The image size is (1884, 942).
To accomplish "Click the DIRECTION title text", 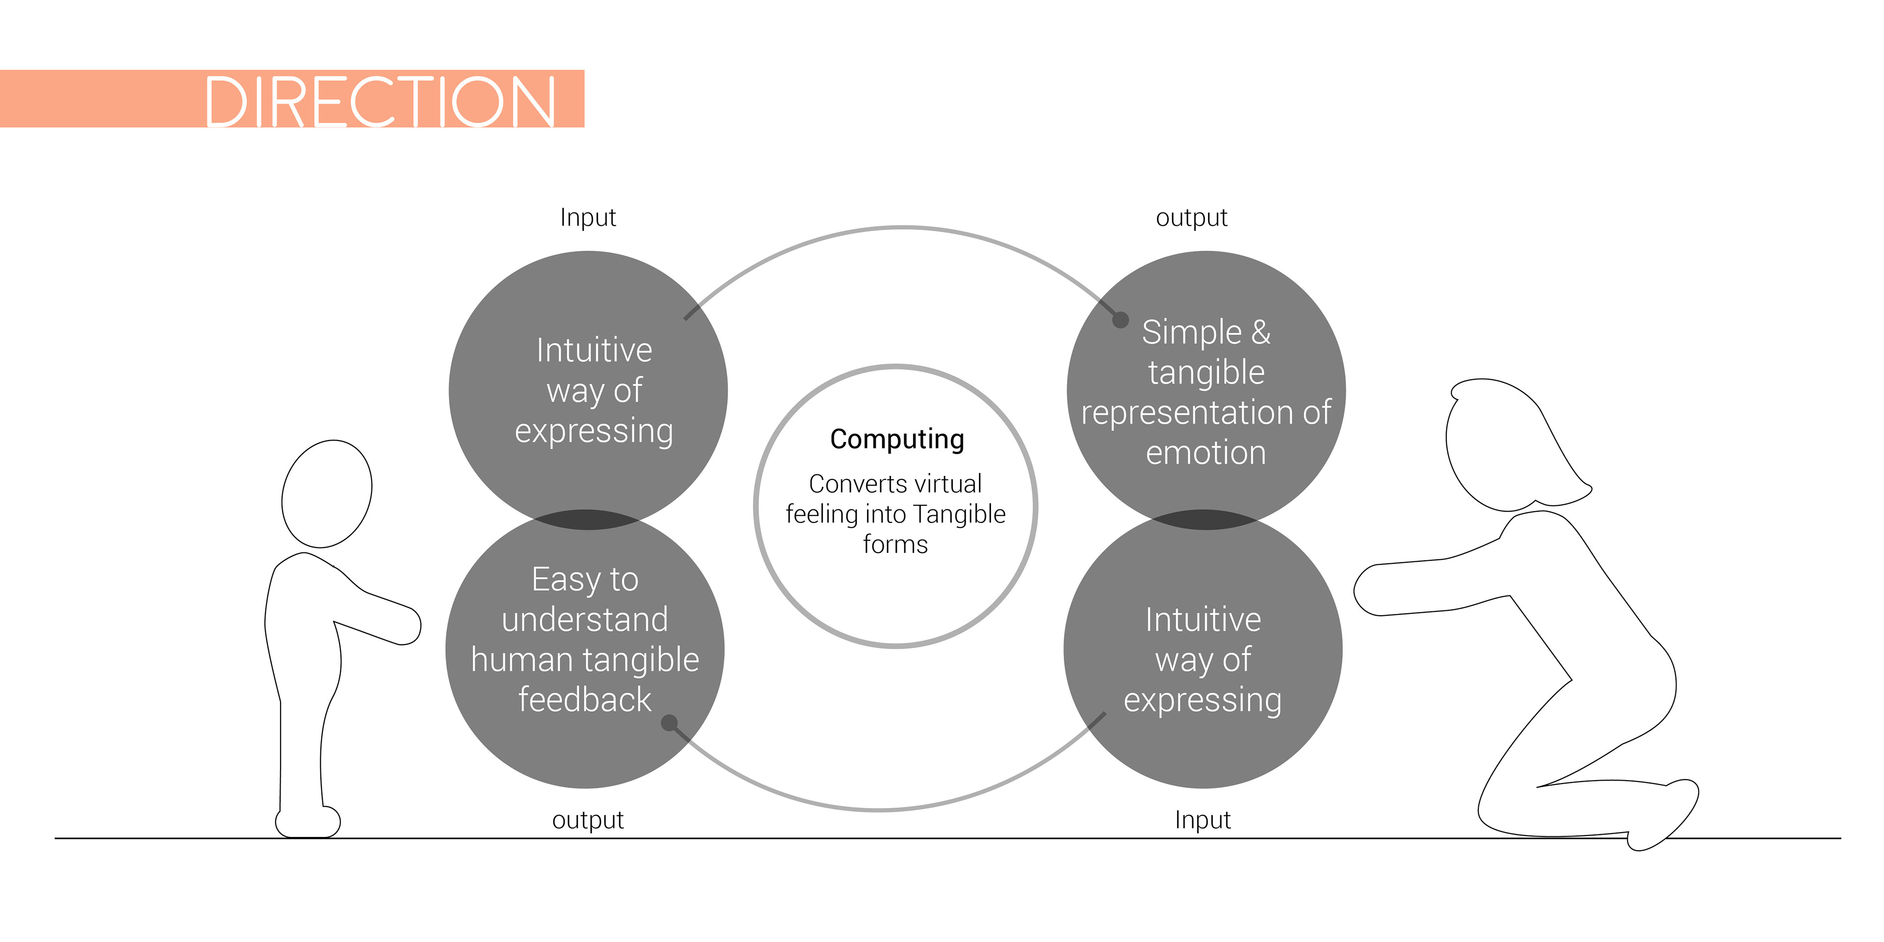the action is (380, 101).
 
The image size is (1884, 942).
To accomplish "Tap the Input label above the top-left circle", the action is (588, 218).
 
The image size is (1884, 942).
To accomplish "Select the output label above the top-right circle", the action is (1191, 218).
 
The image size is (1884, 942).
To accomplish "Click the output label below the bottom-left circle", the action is (588, 820).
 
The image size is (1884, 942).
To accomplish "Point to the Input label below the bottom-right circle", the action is (1203, 820).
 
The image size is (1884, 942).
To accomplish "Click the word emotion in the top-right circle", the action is (1205, 453).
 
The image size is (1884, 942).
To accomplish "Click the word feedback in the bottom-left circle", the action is (584, 699).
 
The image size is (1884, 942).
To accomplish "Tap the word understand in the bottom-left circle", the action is (585, 620).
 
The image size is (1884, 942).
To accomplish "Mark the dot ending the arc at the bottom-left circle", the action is (668, 723).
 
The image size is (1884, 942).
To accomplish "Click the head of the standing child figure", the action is (327, 494).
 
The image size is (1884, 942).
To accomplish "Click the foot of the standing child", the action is (308, 822).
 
